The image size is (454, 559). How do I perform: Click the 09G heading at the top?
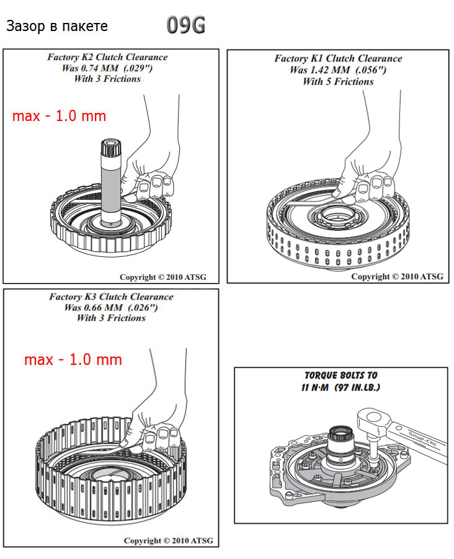click(185, 26)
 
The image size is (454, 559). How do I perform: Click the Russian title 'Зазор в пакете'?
click(56, 27)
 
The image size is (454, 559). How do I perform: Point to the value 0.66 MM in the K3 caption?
click(97, 307)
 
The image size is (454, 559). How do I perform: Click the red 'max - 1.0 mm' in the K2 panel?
click(59, 116)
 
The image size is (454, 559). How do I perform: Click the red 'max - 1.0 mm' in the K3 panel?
click(73, 360)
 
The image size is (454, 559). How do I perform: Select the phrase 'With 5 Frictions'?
click(338, 81)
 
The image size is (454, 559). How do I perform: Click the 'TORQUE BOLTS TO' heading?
click(340, 375)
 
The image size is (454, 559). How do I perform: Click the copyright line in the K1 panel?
click(397, 277)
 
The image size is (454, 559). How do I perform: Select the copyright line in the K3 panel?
click(168, 540)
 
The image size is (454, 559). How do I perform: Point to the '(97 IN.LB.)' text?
click(356, 387)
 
